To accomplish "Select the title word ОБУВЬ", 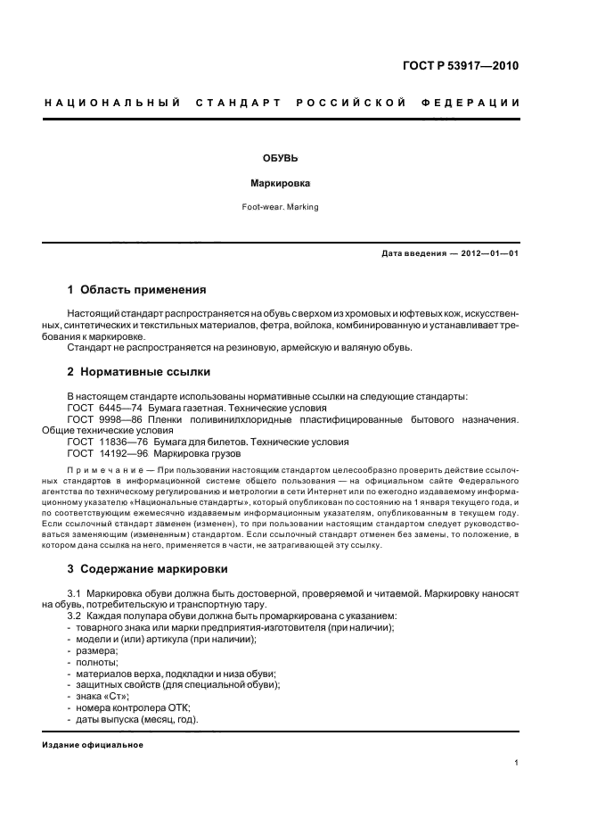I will [274, 158].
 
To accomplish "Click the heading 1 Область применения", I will [136, 290].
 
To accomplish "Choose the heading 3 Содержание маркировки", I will [147, 568].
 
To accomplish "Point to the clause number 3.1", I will [75, 592].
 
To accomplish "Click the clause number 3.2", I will [75, 616].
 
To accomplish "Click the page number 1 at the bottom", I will [517, 763].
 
